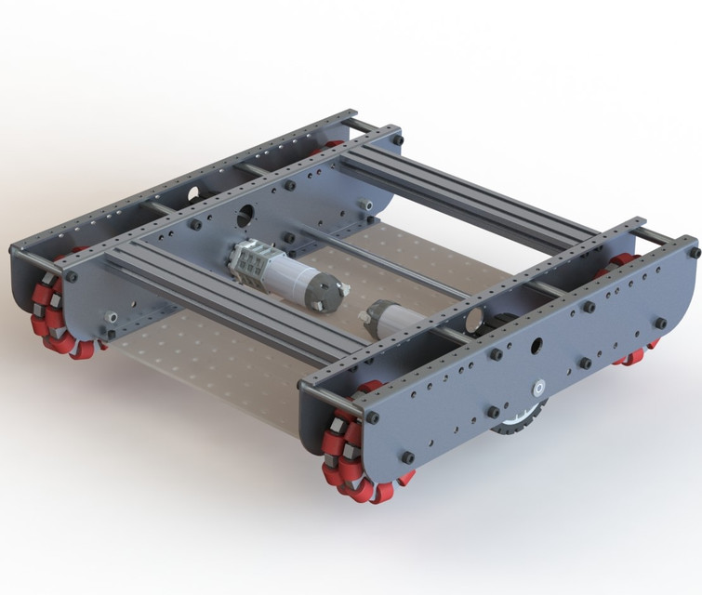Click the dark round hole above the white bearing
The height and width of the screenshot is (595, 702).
(x=536, y=348)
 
